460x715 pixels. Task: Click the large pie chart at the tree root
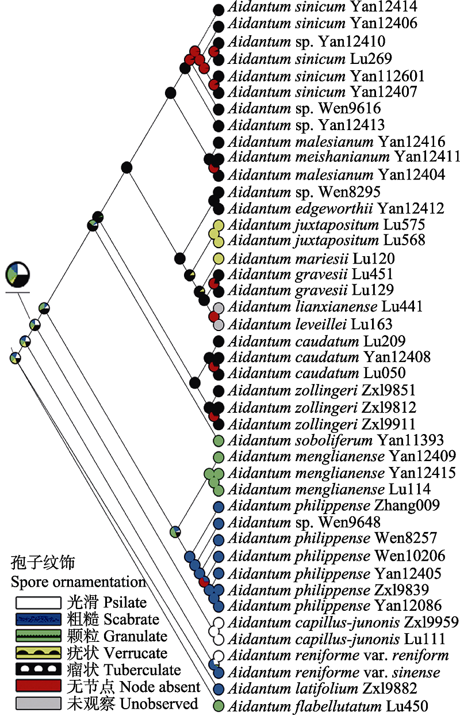[17, 274]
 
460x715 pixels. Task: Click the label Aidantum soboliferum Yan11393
[336, 441]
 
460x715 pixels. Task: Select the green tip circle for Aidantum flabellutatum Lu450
[218, 706]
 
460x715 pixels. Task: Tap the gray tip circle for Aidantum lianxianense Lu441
[218, 308]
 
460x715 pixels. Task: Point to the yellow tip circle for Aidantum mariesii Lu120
[218, 258]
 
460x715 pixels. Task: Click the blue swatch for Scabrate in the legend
[38, 619]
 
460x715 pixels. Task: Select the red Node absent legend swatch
[38, 686]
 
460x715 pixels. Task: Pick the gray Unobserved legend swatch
[38, 703]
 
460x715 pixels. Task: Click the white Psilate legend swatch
[38, 603]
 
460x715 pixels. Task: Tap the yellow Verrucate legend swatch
[38, 653]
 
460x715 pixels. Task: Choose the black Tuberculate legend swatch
[38, 670]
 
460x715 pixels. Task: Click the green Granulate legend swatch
[38, 636]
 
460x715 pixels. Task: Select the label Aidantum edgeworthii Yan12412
[338, 208]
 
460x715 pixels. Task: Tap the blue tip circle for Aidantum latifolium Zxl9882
[218, 689]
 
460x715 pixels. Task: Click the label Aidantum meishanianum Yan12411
[344, 157]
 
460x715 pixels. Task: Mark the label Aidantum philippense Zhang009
[334, 506]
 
